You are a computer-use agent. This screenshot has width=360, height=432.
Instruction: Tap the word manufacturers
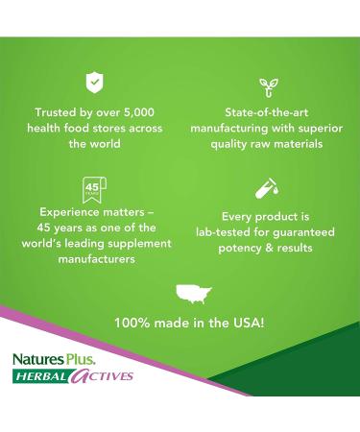93,258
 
